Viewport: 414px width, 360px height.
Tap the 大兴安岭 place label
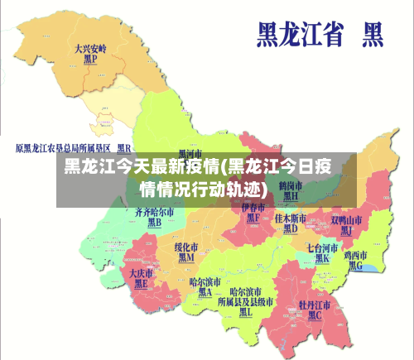pos(90,49)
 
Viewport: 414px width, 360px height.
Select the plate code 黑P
pos(90,60)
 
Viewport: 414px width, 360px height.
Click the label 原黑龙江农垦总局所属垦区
pos(62,148)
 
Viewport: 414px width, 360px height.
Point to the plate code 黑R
pos(124,148)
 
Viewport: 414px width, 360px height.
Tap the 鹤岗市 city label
pos(291,185)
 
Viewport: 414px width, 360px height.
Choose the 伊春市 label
pos(253,208)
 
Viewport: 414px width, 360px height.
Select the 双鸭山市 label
pos(347,220)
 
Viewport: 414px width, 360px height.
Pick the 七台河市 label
pos(322,247)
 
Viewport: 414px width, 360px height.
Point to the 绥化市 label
pos(185,247)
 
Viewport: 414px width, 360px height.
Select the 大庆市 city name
pos(142,272)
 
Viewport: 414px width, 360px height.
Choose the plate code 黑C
pos(315,315)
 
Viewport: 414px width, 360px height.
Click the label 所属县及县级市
pos(245,302)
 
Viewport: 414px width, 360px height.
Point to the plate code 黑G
pos(356,266)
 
